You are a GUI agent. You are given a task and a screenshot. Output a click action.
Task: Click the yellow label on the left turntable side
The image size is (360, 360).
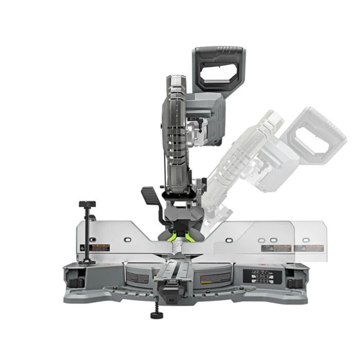click(x=138, y=278)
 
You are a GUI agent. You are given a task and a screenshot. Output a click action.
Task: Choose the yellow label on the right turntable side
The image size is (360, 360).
click(x=206, y=278)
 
